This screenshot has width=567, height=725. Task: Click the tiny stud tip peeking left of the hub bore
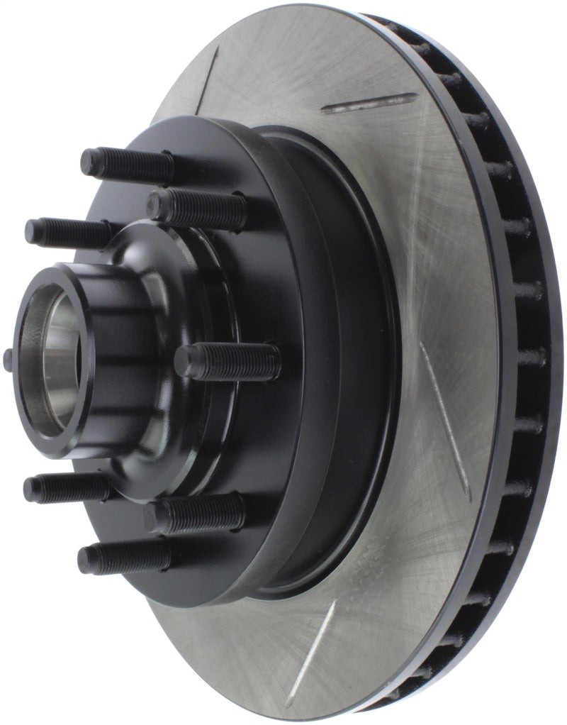point(8,359)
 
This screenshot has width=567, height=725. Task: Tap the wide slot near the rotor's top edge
point(369,104)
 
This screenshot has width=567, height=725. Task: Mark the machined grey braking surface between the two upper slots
point(283,85)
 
